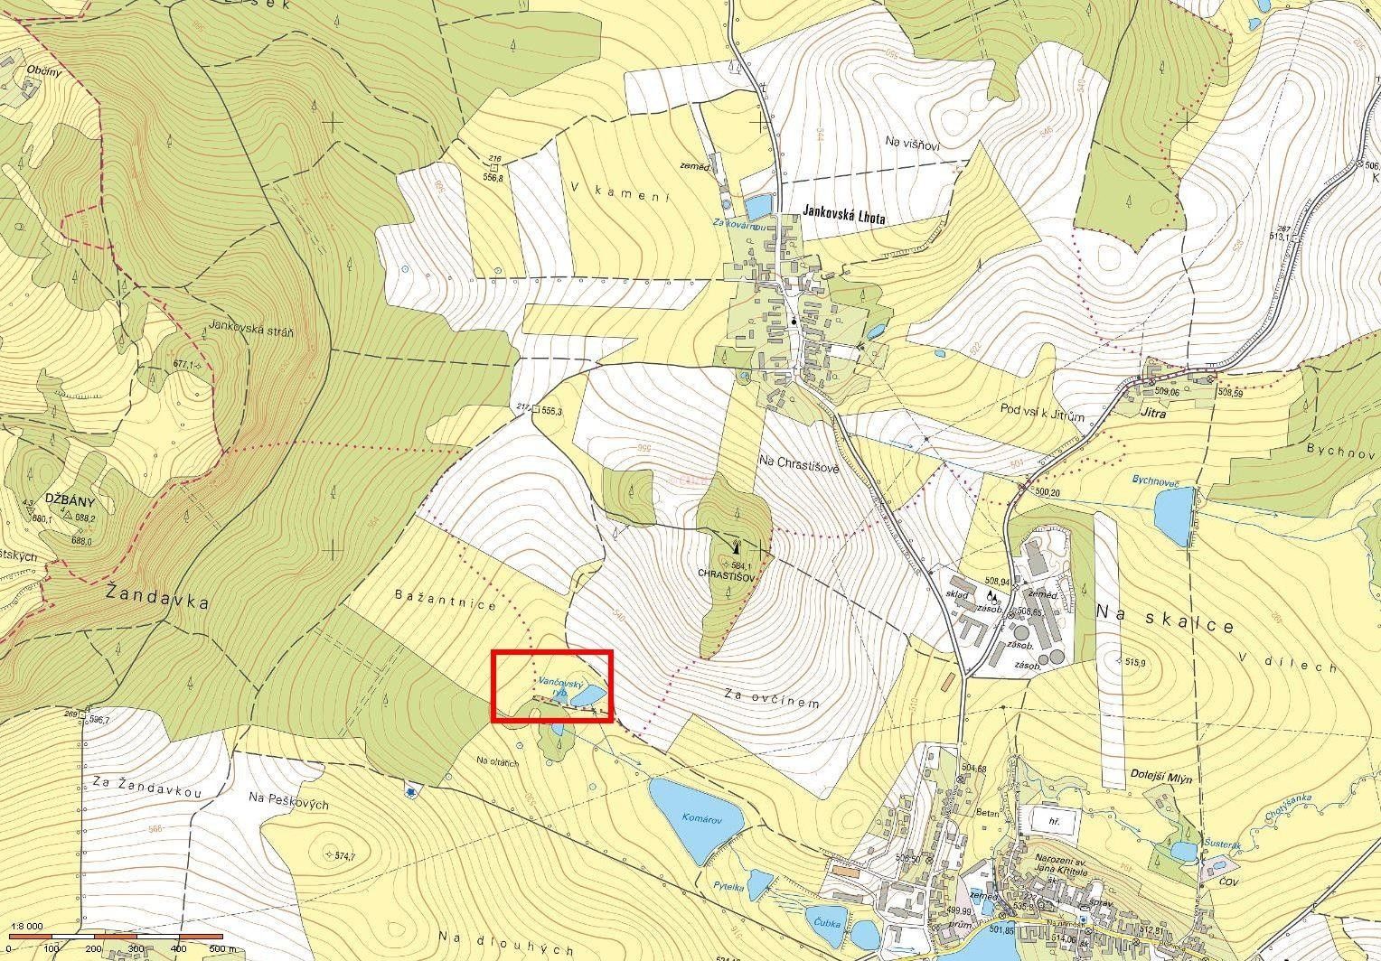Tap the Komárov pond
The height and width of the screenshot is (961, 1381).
(695, 816)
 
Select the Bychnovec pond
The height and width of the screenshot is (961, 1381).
(1174, 516)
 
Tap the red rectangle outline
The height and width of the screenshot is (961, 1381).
(552, 651)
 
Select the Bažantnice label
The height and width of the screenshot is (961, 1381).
(446, 601)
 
